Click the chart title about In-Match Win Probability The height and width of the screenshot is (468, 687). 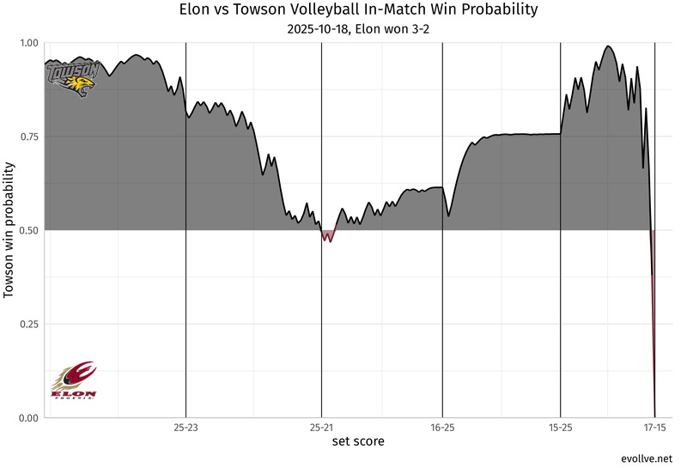click(358, 11)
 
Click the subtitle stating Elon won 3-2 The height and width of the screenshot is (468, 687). click(358, 30)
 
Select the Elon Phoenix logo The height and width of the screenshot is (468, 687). click(74, 380)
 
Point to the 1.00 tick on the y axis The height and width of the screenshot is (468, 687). click(28, 43)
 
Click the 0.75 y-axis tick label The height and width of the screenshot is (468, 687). click(28, 137)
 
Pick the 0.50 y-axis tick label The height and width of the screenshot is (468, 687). click(28, 230)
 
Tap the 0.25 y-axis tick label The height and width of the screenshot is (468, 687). click(28, 324)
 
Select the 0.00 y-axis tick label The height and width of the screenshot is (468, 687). click(28, 418)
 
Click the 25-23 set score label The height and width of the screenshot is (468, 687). click(186, 427)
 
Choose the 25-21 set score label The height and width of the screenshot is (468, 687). click(321, 427)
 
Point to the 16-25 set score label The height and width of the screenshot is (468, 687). click(442, 427)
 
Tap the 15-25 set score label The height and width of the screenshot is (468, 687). click(560, 427)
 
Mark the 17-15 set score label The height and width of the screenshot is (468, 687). click(654, 427)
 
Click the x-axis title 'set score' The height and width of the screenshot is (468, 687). click(358, 441)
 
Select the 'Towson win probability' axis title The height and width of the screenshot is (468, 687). click(9, 230)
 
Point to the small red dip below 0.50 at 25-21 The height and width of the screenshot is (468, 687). click(329, 237)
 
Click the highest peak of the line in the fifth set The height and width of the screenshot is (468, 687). click(608, 46)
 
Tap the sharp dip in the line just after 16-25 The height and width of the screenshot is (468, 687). click(448, 215)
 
